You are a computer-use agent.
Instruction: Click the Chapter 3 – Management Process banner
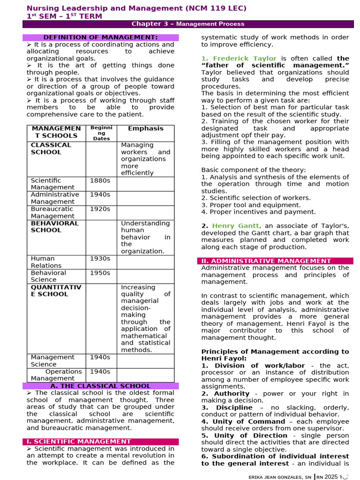[187, 24]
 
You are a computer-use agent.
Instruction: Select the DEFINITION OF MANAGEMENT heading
[100, 37]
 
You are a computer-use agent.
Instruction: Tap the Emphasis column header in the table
[146, 128]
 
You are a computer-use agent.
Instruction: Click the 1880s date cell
[99, 180]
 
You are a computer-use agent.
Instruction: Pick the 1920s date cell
[99, 209]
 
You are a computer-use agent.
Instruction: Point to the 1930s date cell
[99, 259]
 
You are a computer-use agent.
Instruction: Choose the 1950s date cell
[99, 273]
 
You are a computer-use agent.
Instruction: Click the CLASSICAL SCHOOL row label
[51, 149]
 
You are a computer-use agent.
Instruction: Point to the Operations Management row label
[56, 375]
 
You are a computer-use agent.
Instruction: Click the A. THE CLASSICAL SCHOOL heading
[100, 386]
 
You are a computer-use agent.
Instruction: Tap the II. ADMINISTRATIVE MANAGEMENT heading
[266, 261]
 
